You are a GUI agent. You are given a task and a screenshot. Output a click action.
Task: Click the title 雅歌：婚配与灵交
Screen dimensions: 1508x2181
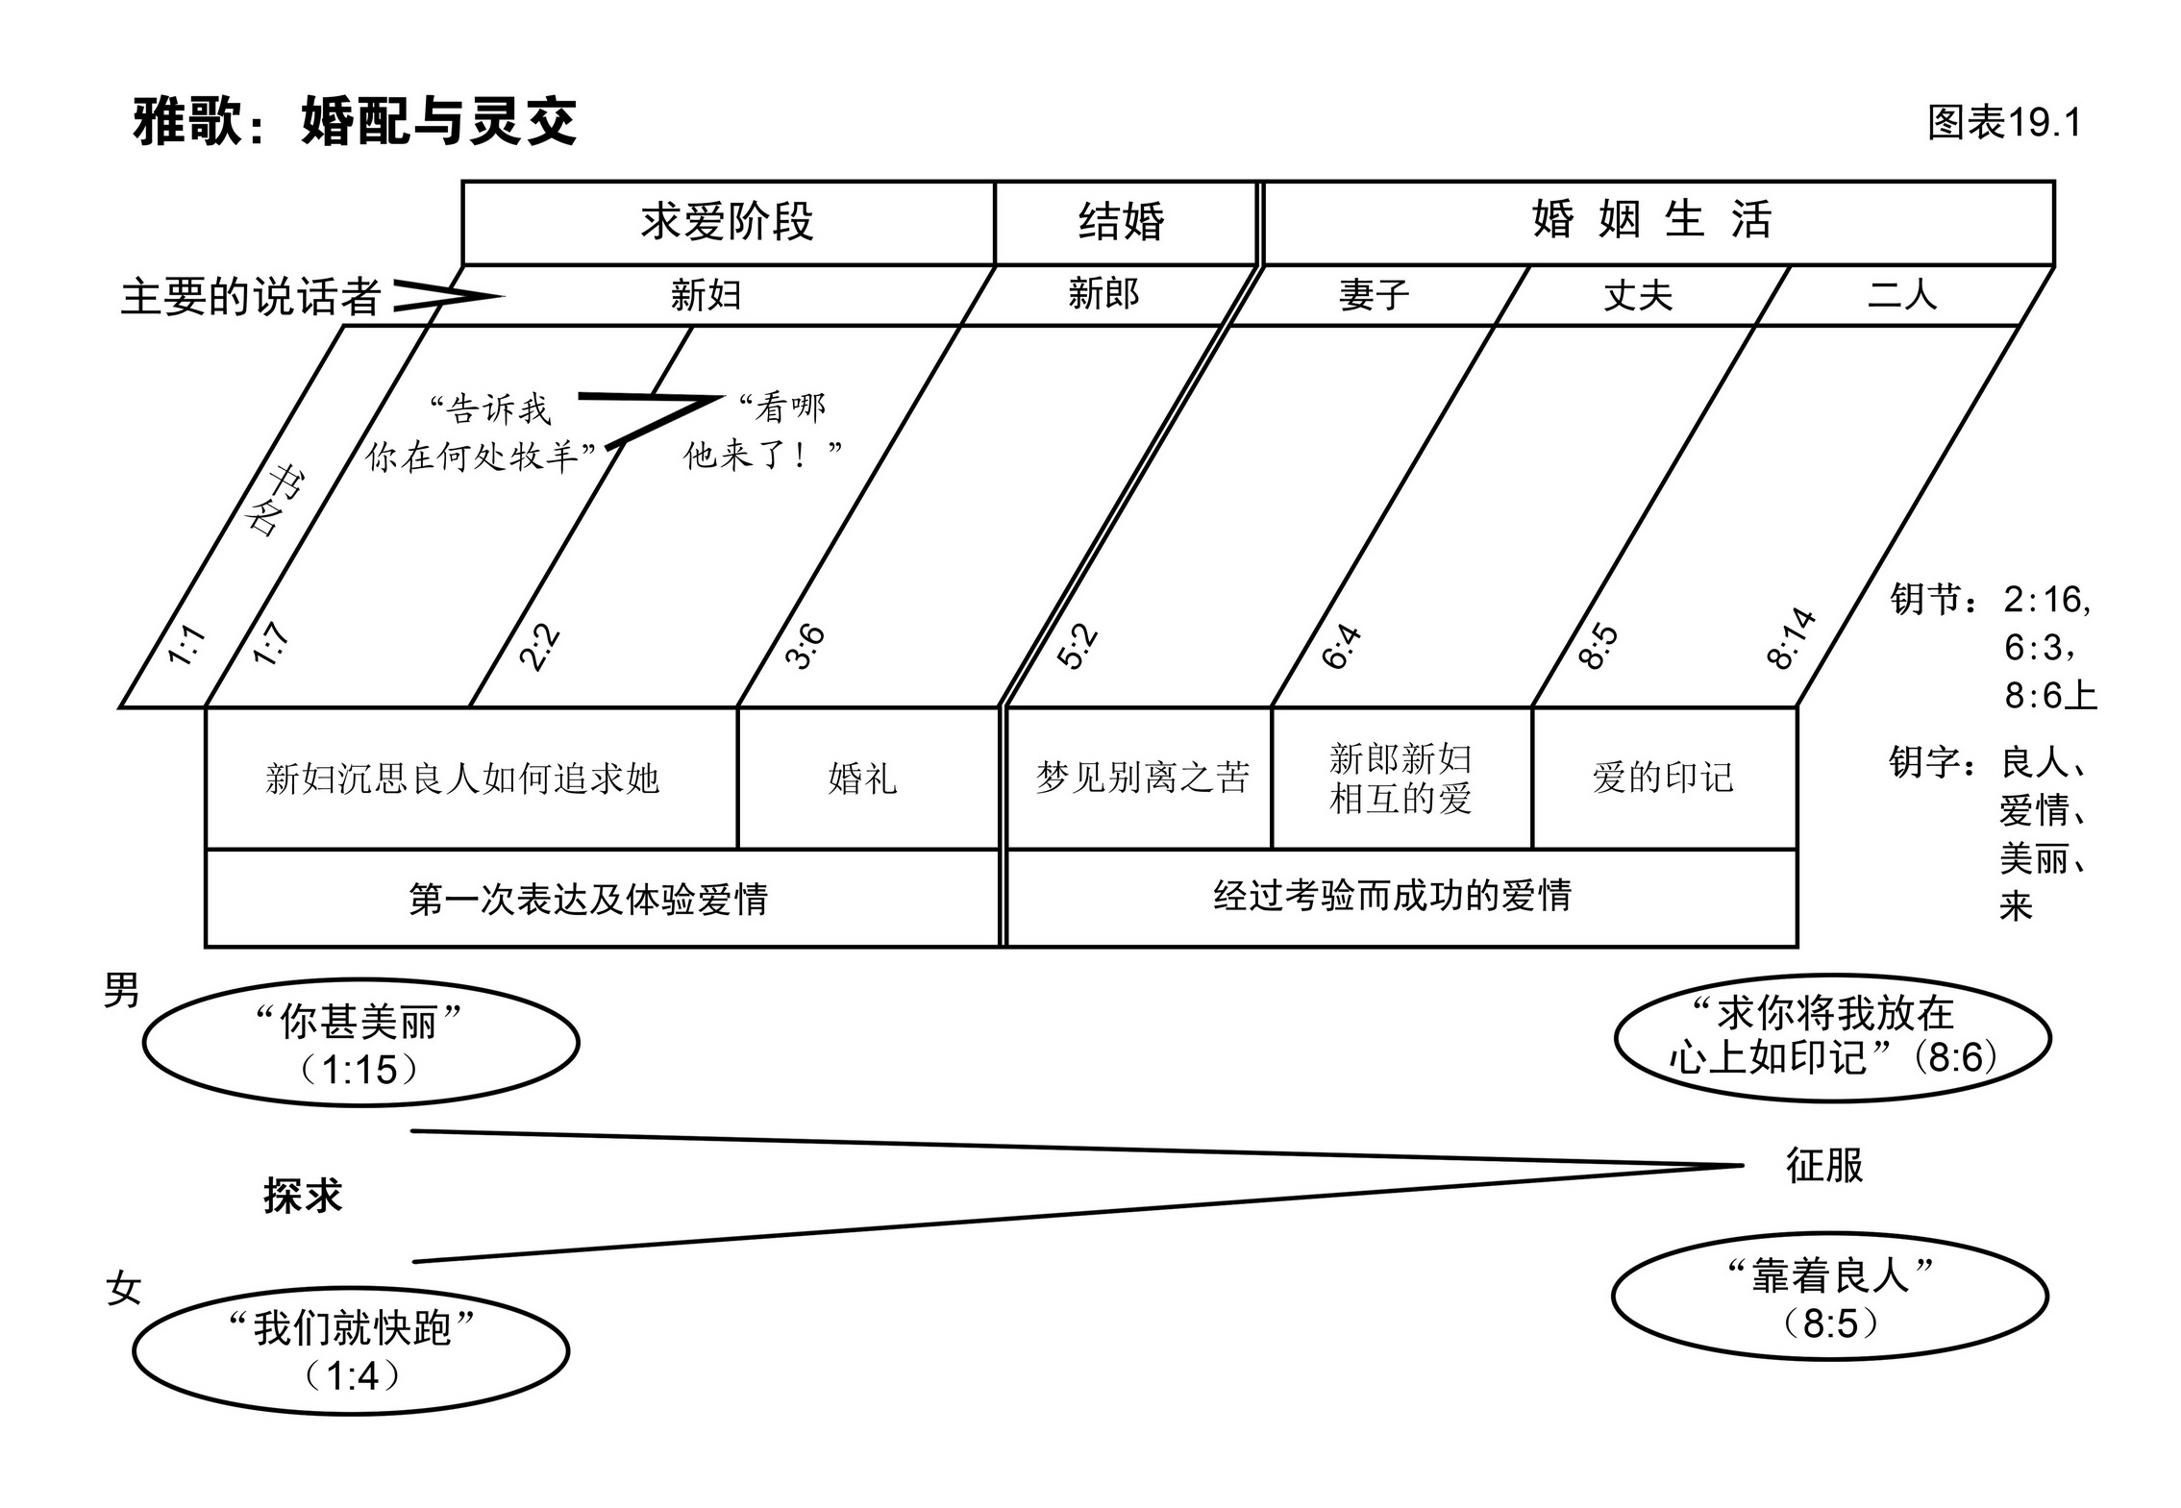coord(355,122)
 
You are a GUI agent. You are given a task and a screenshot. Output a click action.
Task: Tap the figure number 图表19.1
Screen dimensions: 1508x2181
coord(2003,123)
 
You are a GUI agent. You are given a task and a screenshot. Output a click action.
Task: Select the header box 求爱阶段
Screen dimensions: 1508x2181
coord(728,222)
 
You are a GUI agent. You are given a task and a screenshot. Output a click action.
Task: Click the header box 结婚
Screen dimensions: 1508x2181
coord(1122,222)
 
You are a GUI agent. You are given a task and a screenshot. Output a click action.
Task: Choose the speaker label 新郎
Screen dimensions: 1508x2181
coord(1103,294)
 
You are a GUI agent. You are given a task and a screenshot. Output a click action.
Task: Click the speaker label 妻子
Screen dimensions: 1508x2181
coord(1374,295)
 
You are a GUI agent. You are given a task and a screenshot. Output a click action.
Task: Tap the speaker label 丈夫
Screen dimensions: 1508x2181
coord(1638,295)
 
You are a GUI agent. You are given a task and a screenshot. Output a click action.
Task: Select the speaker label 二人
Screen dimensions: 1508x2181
coord(1901,294)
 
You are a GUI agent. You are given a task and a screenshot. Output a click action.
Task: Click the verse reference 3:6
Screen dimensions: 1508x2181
coord(805,646)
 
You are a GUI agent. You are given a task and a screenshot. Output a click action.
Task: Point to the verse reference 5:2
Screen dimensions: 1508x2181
coord(1077,646)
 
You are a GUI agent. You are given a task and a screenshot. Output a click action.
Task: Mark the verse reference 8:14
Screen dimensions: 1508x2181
coord(1791,639)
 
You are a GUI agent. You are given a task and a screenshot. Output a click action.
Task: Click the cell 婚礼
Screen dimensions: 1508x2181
coord(863,779)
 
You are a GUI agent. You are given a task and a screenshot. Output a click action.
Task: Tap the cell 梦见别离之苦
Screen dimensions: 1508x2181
coord(1141,779)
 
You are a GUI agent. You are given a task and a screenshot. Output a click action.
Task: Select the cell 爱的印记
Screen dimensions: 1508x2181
coord(1663,779)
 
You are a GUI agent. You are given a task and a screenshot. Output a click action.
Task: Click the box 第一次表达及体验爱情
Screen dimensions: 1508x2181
coord(588,900)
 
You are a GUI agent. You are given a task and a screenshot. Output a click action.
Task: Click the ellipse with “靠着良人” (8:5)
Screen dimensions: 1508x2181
coord(1829,1298)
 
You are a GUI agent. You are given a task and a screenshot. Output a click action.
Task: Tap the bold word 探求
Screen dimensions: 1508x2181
coord(303,1197)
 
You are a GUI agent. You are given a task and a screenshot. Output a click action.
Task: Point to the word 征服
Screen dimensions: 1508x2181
coord(1823,1166)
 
